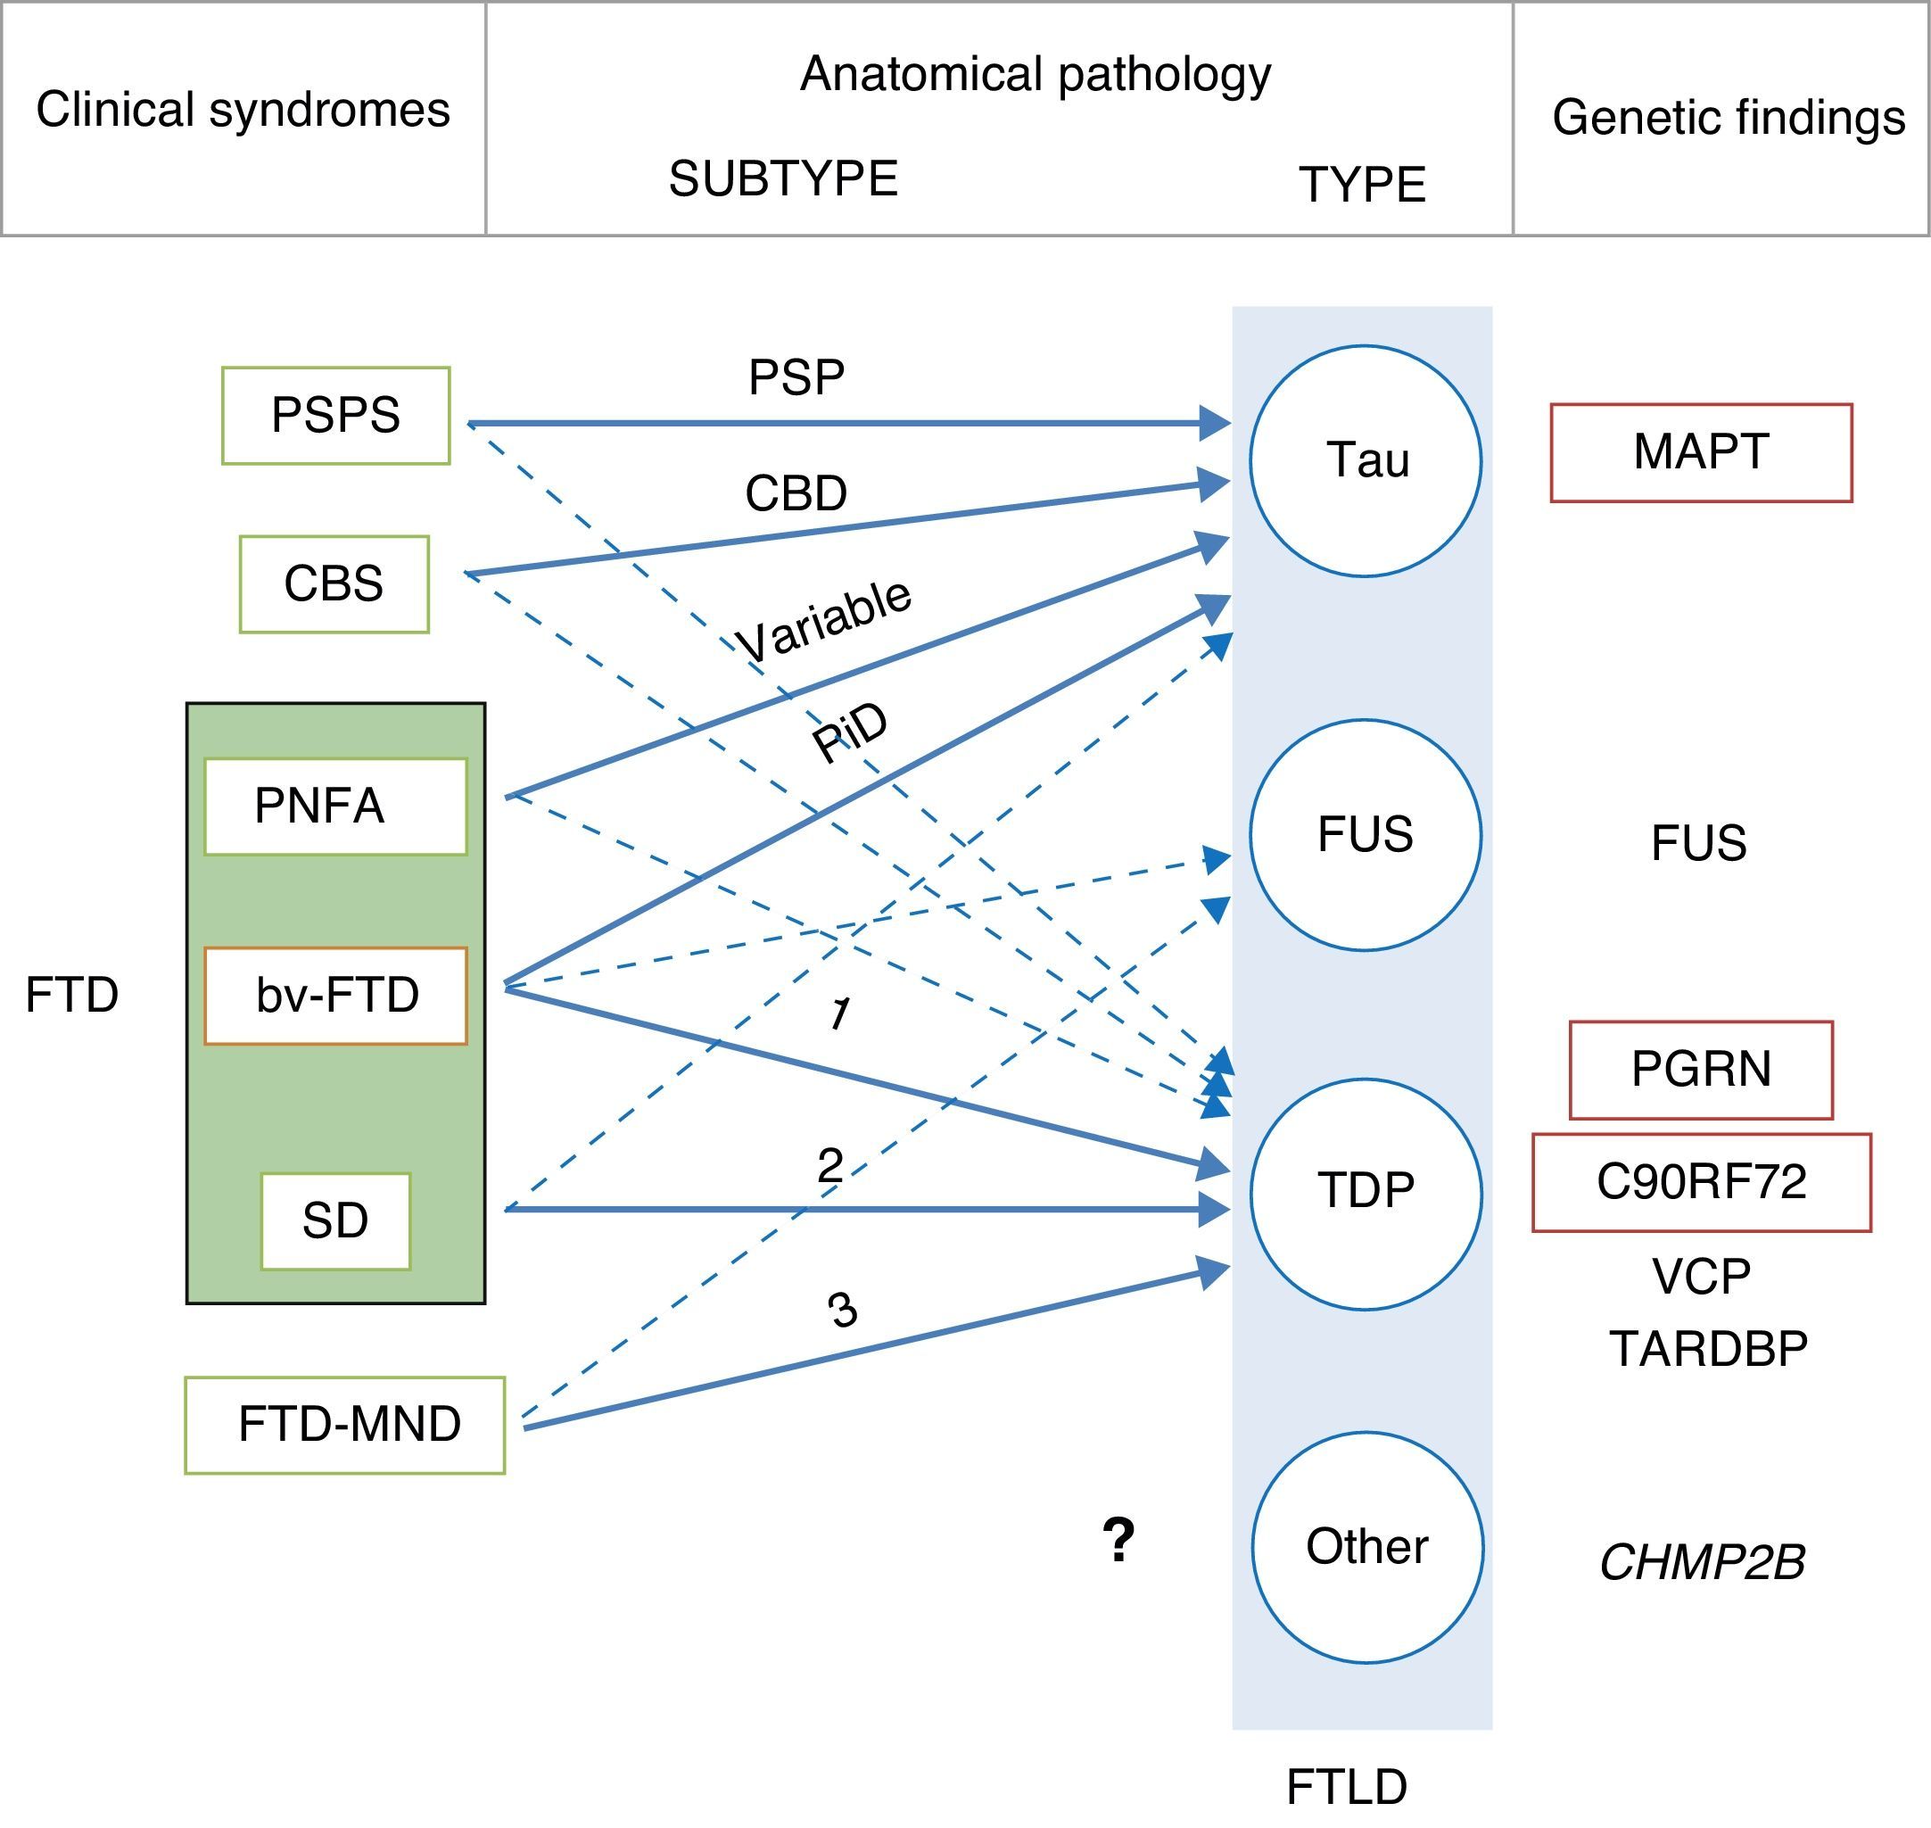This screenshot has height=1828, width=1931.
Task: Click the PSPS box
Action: [x=335, y=415]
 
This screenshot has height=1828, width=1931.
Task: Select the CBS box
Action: [x=334, y=583]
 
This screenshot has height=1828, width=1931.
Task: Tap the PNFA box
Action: [x=335, y=806]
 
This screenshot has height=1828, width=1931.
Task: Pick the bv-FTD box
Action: [x=335, y=995]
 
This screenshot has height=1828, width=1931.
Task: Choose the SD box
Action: [x=335, y=1221]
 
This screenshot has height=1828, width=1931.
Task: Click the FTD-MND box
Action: [x=345, y=1425]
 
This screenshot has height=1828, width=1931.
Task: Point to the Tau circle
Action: [x=1365, y=461]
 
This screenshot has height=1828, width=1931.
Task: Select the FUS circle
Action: [x=1365, y=835]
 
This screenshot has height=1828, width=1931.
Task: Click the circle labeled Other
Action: [x=1367, y=1546]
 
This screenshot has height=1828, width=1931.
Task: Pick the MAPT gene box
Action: [x=1700, y=453]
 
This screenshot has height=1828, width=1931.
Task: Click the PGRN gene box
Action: [x=1700, y=1070]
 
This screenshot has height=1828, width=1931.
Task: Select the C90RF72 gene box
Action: [x=1701, y=1182]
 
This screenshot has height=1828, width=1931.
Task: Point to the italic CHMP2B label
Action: [x=1702, y=1562]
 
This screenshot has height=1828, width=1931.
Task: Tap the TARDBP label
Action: [x=1708, y=1350]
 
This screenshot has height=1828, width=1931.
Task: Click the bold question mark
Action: [x=1118, y=1540]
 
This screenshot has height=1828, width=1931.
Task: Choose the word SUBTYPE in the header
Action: [x=782, y=179]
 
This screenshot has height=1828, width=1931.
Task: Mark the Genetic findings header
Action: [x=1728, y=118]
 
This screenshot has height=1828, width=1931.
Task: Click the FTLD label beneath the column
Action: [x=1347, y=1786]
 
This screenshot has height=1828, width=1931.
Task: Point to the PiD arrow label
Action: [x=850, y=732]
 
